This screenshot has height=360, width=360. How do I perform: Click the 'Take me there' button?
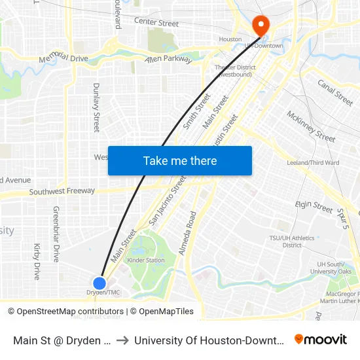point(180,160)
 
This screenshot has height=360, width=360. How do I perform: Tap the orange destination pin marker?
point(261,26)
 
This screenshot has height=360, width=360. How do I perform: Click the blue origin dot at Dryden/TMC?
point(99,283)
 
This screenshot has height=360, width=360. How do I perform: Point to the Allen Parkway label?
point(168,60)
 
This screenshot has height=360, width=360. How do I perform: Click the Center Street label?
point(156,24)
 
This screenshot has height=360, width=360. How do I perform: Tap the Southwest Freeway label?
point(62,191)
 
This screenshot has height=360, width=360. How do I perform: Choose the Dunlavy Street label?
point(96,107)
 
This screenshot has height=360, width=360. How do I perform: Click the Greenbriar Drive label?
point(56,234)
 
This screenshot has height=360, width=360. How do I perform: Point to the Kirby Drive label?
point(37,261)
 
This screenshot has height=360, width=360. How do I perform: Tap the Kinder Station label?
point(146,260)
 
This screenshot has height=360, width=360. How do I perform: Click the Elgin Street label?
point(314,206)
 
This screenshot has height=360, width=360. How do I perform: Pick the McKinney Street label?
point(311,126)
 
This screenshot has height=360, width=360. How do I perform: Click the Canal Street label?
point(335,92)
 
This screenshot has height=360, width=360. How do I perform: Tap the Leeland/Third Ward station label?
point(313,162)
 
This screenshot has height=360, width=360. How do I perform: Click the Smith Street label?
point(197,111)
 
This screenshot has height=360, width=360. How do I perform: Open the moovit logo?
point(321,339)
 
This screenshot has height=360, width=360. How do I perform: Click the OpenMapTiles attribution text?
point(166,312)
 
